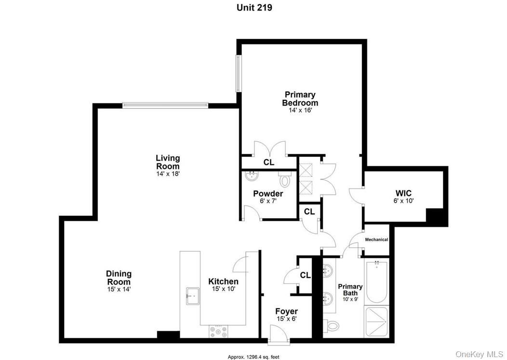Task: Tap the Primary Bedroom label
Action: pos(300,99)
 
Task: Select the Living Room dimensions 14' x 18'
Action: pos(168,173)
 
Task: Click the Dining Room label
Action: pos(119,278)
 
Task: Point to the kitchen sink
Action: pos(193,294)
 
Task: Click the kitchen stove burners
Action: pos(219,332)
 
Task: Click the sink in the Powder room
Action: pos(252,177)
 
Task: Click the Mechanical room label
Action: pos(376,240)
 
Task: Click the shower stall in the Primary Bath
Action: pos(377,322)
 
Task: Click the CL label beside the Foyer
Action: pos(305,275)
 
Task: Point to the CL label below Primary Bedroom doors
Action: pos(269,163)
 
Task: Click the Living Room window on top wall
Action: pos(165,105)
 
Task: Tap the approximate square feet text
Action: pos(253,357)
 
